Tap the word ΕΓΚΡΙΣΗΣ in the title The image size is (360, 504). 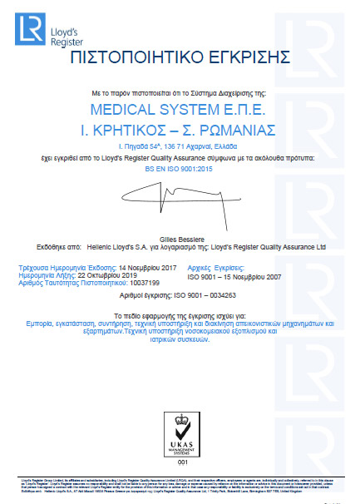(x=249, y=57)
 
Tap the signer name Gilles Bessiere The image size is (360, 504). (x=180, y=237)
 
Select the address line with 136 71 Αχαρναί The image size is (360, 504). (x=180, y=146)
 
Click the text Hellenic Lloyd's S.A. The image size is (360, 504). (x=109, y=247)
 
